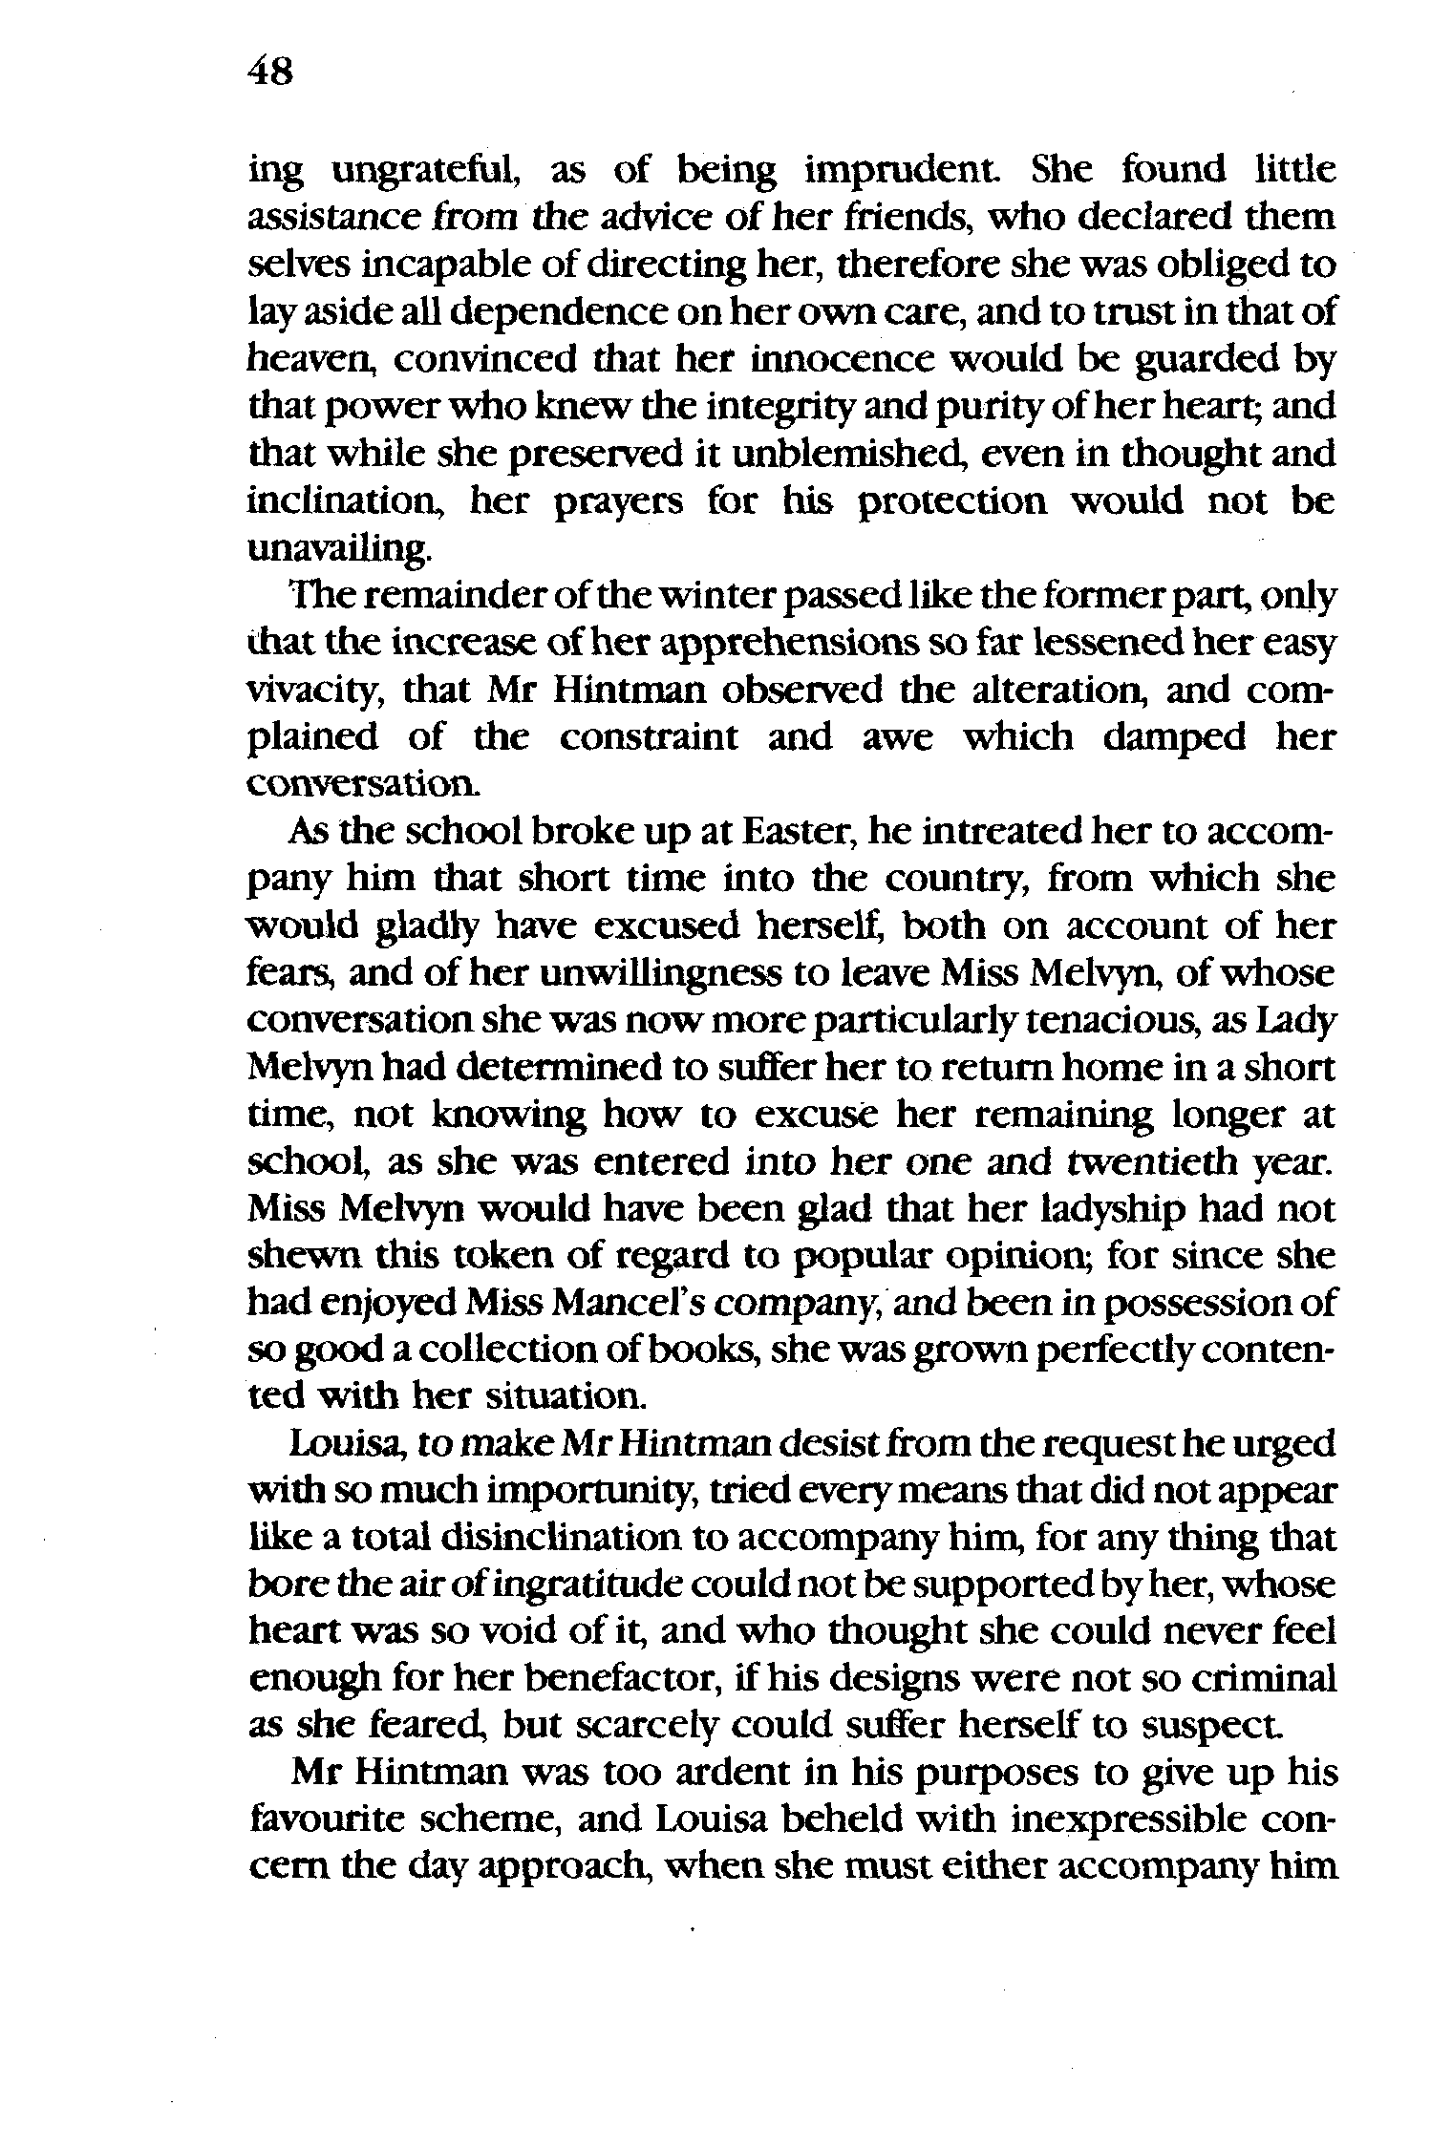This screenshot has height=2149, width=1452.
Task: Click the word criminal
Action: [x=1261, y=1679]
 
